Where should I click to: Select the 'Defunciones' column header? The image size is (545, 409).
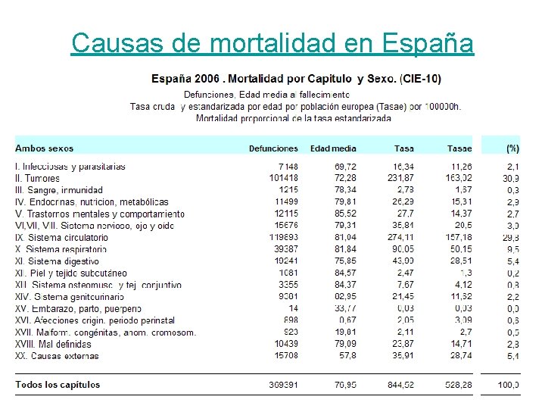tap(273, 148)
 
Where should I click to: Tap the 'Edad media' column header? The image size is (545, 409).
tap(333, 148)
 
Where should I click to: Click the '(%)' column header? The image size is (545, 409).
tap(512, 148)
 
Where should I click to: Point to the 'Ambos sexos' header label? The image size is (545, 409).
tap(45, 148)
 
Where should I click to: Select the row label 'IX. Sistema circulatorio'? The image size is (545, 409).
tap(61, 237)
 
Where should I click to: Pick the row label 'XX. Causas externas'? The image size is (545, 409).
tap(58, 355)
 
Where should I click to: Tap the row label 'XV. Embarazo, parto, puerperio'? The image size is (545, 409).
tap(78, 308)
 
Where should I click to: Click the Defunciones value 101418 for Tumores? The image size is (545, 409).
tap(283, 178)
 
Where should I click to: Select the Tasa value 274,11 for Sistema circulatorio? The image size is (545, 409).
tap(399, 237)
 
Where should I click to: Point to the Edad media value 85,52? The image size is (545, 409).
tap(342, 214)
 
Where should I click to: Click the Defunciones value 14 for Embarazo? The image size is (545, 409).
tap(293, 308)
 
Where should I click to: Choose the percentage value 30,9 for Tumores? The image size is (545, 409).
tap(512, 178)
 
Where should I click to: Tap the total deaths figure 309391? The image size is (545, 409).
tap(283, 385)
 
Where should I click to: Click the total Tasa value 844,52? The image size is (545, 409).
tap(399, 385)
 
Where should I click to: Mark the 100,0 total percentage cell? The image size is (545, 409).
tap(508, 385)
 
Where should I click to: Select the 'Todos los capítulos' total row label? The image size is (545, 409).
tap(58, 385)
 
